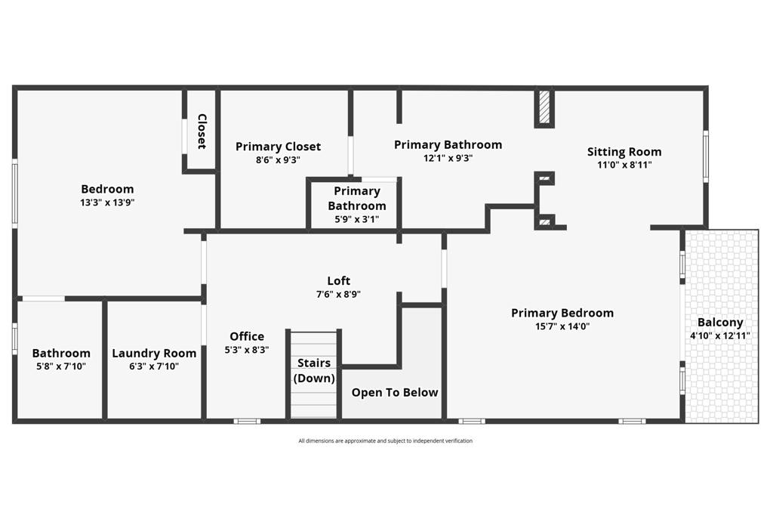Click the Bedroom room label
(x=107, y=189)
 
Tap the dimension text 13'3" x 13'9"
(x=107, y=202)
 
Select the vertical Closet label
(x=202, y=131)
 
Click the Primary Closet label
(x=278, y=147)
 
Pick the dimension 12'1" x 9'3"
(x=448, y=159)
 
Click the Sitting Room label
(x=624, y=152)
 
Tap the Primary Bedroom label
(x=562, y=313)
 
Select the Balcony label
(x=720, y=322)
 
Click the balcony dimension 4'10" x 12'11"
(x=720, y=335)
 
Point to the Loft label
(x=338, y=281)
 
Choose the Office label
(x=247, y=336)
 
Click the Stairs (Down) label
(x=314, y=370)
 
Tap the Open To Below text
(x=394, y=392)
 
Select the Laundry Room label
(x=154, y=353)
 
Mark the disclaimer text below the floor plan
(x=385, y=441)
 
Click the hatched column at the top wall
(x=544, y=108)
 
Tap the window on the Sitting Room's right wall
(x=706, y=156)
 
